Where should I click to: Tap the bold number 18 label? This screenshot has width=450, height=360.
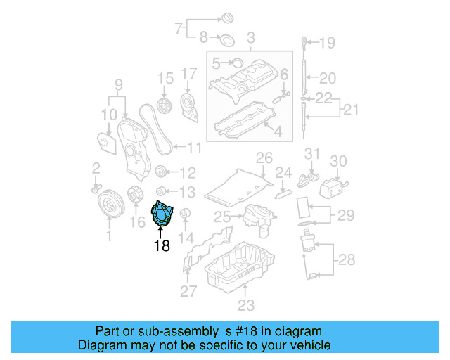click(162, 245)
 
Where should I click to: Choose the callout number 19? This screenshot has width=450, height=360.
click(328, 44)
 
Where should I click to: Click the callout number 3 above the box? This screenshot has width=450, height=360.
click(250, 37)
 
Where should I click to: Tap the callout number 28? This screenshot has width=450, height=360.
click(347, 261)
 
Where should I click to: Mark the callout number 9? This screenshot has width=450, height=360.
click(119, 86)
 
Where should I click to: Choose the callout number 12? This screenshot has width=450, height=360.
click(188, 173)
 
